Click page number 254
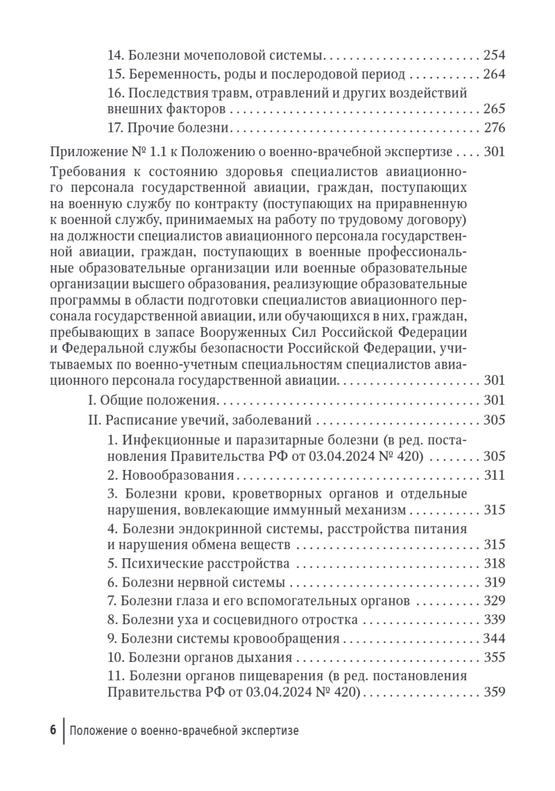[x=494, y=55]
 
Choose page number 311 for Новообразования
[x=494, y=475]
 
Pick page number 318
[x=494, y=564]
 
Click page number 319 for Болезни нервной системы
[x=494, y=582]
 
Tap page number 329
[x=494, y=601]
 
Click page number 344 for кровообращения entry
[x=494, y=639]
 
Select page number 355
[x=494, y=658]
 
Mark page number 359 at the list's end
[x=494, y=692]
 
